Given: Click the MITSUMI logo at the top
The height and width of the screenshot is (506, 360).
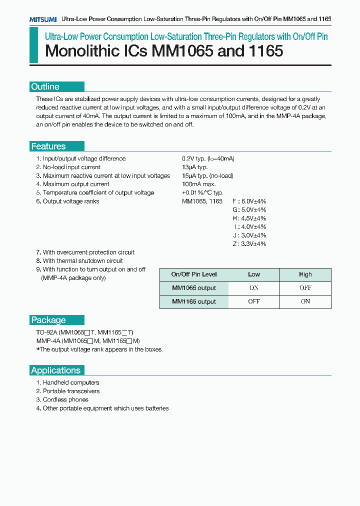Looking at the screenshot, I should pyautogui.click(x=42, y=19).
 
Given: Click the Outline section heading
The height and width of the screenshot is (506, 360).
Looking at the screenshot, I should pyautogui.click(x=45, y=86).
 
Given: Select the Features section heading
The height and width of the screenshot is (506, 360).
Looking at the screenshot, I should pyautogui.click(x=48, y=146).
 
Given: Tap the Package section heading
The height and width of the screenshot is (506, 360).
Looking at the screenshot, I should pyautogui.click(x=48, y=320).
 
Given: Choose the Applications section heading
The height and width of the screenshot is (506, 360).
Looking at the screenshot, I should pyautogui.click(x=55, y=370).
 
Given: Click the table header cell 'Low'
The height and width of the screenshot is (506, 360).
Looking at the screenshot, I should pyautogui.click(x=254, y=274).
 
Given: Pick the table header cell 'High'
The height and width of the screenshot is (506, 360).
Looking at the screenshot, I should pyautogui.click(x=305, y=274).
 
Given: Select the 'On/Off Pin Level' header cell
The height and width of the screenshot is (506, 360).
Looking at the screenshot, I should pyautogui.click(x=194, y=274).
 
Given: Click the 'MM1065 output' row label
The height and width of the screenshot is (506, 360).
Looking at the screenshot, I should pyautogui.click(x=194, y=288).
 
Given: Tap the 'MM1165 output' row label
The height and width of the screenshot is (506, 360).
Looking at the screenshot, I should pyautogui.click(x=194, y=301).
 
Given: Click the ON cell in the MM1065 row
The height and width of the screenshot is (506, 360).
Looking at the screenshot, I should pyautogui.click(x=254, y=288).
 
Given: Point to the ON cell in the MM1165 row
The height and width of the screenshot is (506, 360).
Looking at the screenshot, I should pyautogui.click(x=305, y=301).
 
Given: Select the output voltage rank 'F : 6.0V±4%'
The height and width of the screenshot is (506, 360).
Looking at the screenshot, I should pyautogui.click(x=249, y=201).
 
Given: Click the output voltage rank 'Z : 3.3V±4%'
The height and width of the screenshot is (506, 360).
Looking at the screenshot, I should pyautogui.click(x=249, y=243).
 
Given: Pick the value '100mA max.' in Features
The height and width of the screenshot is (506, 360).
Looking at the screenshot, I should pyautogui.click(x=197, y=184).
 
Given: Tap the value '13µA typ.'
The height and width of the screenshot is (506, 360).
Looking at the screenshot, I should pyautogui.click(x=194, y=167).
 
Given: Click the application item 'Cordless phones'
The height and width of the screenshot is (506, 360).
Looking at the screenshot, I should pyautogui.click(x=65, y=399).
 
